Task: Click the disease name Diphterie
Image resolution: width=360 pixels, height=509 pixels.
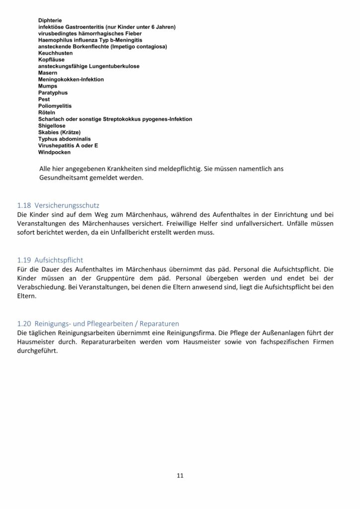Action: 50,20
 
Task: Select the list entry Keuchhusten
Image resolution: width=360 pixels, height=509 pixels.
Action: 55,53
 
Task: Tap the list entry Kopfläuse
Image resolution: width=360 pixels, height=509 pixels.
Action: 51,60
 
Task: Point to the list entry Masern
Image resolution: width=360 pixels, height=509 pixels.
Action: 48,73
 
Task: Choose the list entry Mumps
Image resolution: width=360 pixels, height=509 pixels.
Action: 48,86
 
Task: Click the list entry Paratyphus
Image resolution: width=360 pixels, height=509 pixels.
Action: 53,93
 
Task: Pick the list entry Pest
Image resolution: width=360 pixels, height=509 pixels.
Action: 44,99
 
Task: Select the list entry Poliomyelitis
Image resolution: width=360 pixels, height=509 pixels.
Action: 55,106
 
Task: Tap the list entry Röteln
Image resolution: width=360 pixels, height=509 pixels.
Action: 47,113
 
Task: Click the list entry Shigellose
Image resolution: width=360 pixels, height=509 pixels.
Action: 52,126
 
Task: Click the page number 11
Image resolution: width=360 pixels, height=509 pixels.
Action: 180,475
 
